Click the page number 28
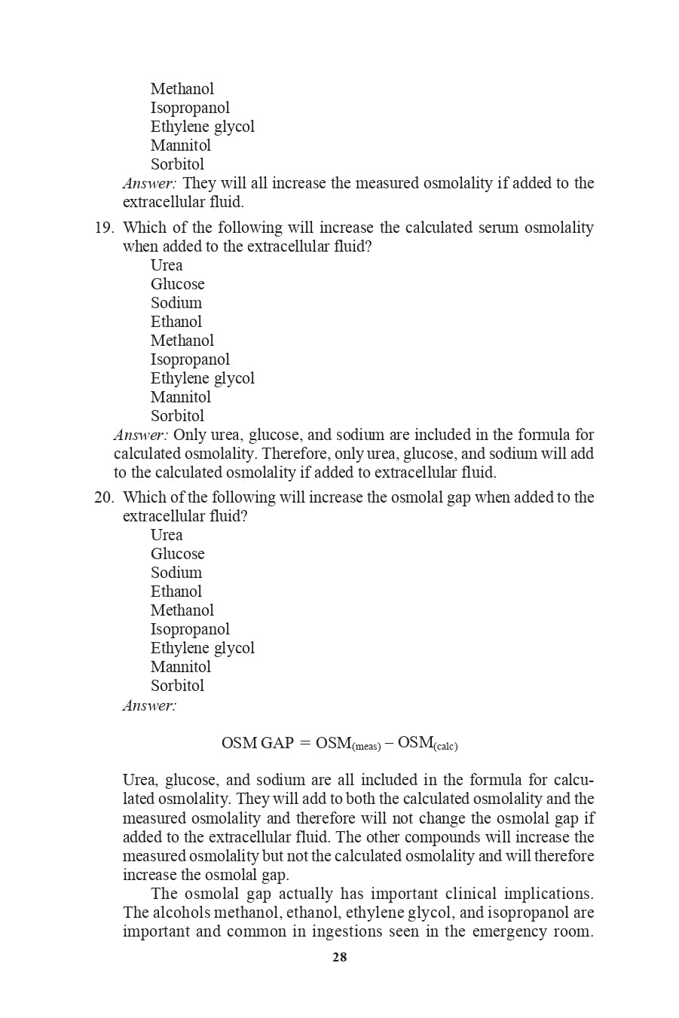coord(339,958)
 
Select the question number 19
coord(103,228)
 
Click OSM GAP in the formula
coord(257,743)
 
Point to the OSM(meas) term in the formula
coord(347,744)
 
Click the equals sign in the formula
coord(304,743)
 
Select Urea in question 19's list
coord(167,265)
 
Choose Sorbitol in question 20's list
coord(177,686)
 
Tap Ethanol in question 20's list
coord(176,592)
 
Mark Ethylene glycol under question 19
coord(202,378)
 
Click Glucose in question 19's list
coord(177,284)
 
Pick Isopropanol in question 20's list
coord(190,629)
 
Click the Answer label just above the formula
coord(149,705)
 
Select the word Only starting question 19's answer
coord(189,435)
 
